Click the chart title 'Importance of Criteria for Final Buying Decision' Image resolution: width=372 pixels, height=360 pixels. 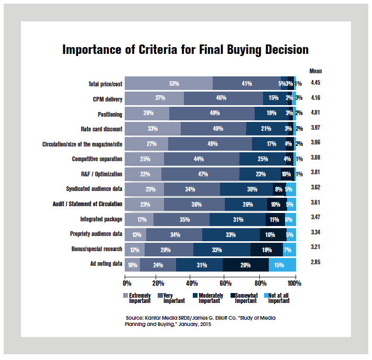[x=185, y=50]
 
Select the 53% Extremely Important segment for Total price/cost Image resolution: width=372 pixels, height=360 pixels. [x=169, y=83]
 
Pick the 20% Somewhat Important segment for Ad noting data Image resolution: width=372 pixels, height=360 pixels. [x=246, y=265]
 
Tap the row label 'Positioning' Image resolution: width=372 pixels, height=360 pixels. [x=110, y=114]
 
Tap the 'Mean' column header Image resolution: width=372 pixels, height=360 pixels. [x=315, y=71]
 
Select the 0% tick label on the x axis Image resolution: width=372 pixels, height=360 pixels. [x=127, y=283]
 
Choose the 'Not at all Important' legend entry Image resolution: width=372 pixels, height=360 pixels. [x=279, y=298]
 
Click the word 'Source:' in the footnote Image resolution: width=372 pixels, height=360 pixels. [x=136, y=318]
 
